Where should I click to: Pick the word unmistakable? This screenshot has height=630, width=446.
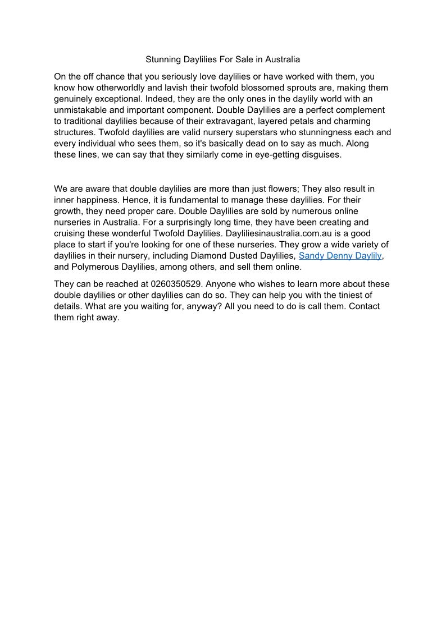[x=82, y=110]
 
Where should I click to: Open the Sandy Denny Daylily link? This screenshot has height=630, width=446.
[x=340, y=256]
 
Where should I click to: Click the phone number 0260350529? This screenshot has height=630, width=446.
[x=175, y=284]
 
